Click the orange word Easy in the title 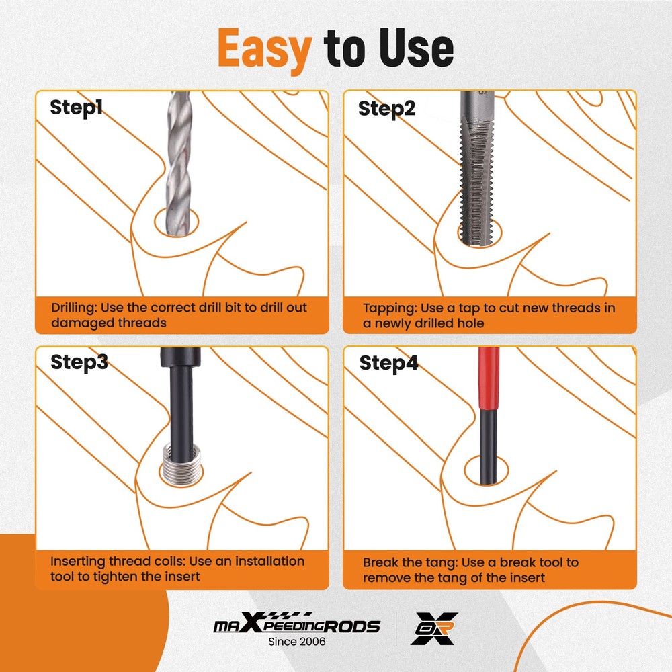(x=265, y=48)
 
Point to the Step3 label (x=79, y=363)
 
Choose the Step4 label (x=388, y=364)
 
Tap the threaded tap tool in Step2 (x=478, y=175)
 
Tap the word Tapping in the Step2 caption (x=389, y=308)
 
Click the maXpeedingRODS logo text (x=296, y=626)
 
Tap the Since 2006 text (x=296, y=642)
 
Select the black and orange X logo (x=434, y=628)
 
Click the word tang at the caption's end (x=444, y=577)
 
